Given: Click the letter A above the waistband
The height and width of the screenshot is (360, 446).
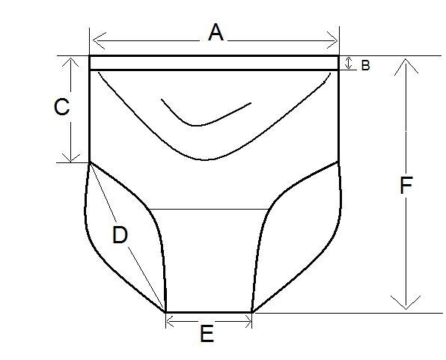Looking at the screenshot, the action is pos(216,32).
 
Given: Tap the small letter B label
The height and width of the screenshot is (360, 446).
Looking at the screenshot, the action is pos(365,65).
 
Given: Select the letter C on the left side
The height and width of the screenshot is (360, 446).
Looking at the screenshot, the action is pos(61,107).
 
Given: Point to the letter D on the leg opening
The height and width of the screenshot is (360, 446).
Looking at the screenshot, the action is pos(120,235).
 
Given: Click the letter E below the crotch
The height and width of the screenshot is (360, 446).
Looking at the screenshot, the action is pos(207,334).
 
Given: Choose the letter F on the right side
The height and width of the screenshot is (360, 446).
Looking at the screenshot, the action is pos(406,186).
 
